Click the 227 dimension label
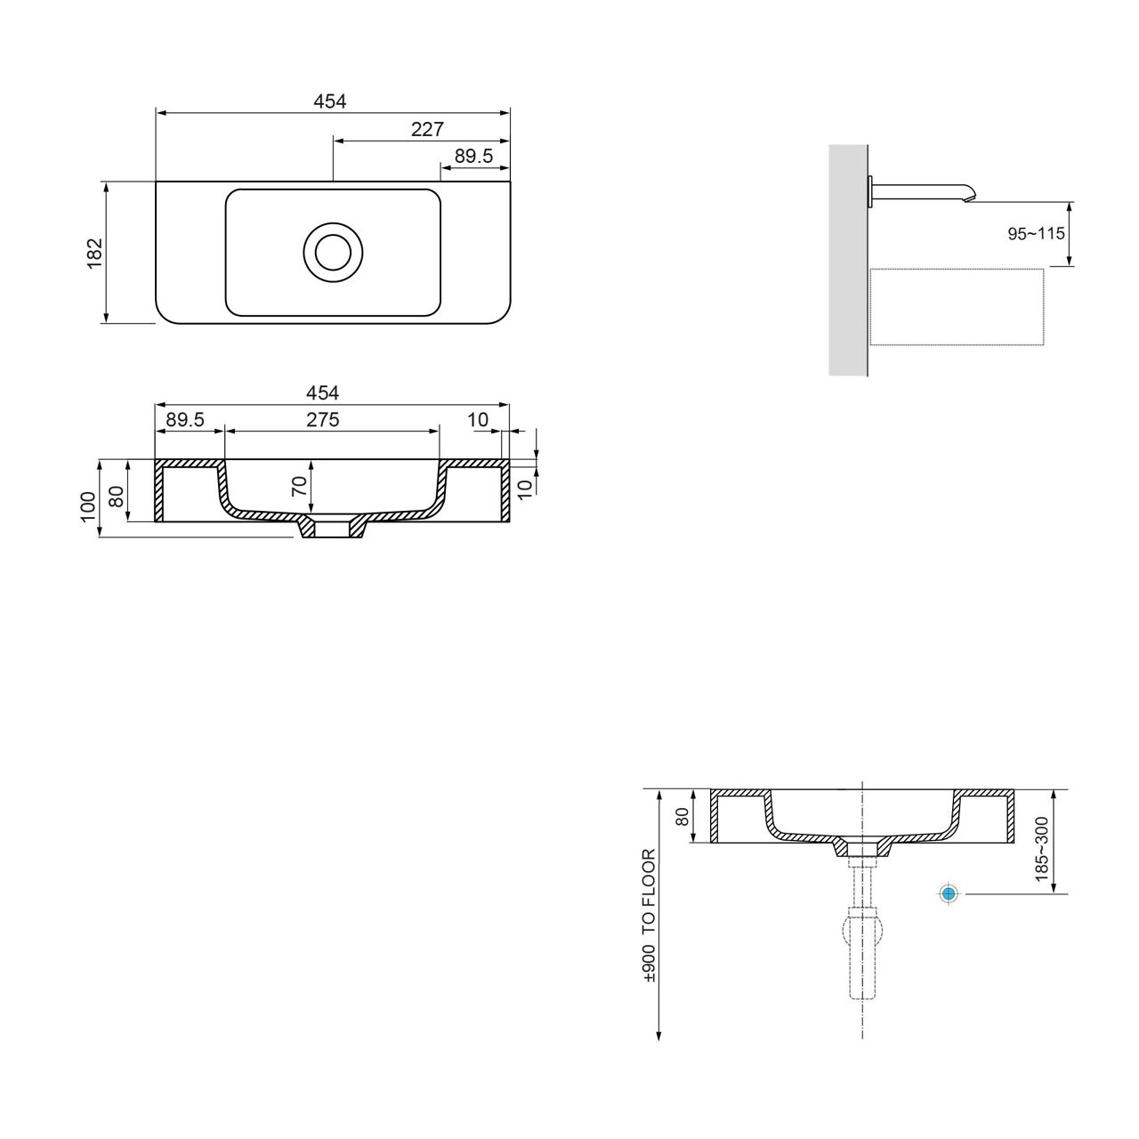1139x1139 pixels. pos(427,129)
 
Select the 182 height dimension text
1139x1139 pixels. pos(95,253)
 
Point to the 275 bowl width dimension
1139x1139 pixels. pos(323,419)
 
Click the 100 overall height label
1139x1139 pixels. pos(88,506)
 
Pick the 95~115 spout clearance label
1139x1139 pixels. pos(1036,233)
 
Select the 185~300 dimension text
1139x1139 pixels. pos(1041,850)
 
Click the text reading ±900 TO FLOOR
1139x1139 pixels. pos(649,916)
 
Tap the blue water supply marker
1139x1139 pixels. pos(949,893)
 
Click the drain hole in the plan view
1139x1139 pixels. pos(334,253)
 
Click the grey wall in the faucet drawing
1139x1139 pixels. pos(848,260)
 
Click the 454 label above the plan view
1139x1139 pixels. pos(330,101)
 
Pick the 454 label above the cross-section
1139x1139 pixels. pos(323,392)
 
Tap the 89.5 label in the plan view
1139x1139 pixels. pos(473,156)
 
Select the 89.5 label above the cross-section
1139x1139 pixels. pos(185,419)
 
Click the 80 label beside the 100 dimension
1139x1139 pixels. pos(117,496)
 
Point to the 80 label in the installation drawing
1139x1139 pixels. pos(683,817)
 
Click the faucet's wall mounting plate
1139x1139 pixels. pos(870,191)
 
